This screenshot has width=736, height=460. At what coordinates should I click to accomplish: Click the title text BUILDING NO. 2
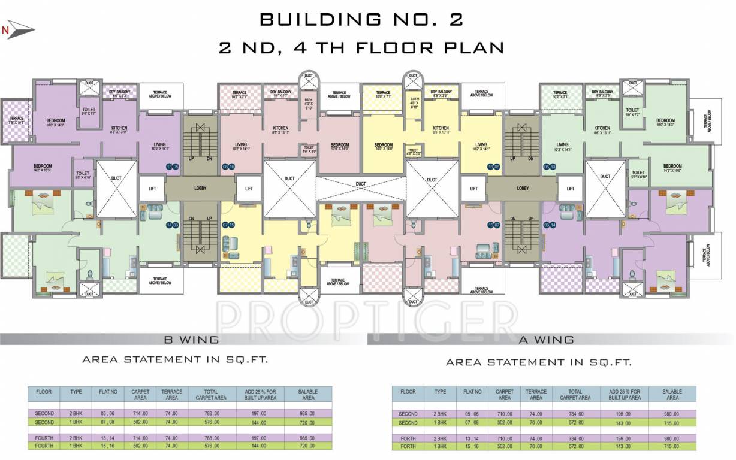tap(361, 20)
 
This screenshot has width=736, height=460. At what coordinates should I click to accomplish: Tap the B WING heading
tap(191, 340)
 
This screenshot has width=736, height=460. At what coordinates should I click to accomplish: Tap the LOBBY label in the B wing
tap(200, 188)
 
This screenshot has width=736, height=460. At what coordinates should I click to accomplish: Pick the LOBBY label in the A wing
tap(523, 188)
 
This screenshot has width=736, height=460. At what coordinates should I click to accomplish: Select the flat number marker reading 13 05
tap(173, 167)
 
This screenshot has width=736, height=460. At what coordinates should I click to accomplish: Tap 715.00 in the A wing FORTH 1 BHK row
tap(672, 446)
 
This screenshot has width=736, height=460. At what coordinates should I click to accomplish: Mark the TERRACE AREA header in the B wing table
tap(172, 395)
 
